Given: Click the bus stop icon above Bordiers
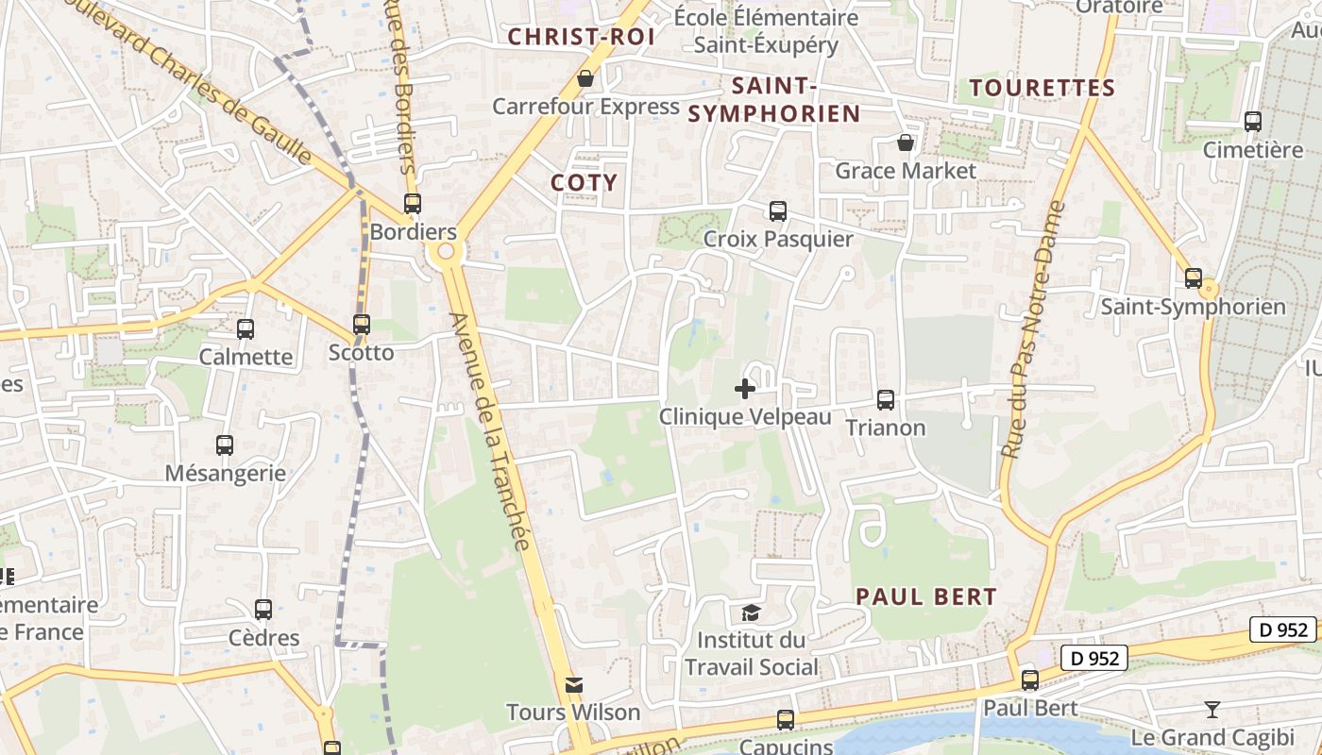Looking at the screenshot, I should (x=412, y=203).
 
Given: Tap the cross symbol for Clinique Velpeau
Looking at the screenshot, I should (x=745, y=388).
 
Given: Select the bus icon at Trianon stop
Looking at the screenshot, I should (x=885, y=400).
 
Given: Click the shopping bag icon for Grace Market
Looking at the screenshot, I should (x=905, y=143).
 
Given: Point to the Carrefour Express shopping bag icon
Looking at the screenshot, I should (x=585, y=78).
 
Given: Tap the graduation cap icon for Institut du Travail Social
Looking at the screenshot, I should (x=751, y=612).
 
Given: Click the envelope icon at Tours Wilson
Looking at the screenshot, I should (x=573, y=684).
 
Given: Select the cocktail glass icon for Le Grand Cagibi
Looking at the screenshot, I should (x=1212, y=709).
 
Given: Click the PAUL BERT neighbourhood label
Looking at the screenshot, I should (x=925, y=596).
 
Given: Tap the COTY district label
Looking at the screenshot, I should (x=584, y=183).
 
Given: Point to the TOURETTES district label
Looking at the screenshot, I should (x=1042, y=89).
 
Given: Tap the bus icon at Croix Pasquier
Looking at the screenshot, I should (x=777, y=211).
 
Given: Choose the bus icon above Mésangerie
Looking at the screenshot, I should (x=225, y=445).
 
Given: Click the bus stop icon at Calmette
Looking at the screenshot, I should (x=246, y=329).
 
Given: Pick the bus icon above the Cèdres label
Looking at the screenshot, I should (x=263, y=610).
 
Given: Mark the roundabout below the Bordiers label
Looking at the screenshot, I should (x=444, y=252).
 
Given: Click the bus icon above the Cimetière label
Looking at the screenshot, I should (x=1252, y=122).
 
